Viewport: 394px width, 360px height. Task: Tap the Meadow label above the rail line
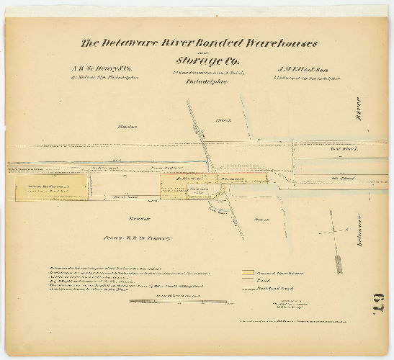(128, 127)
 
